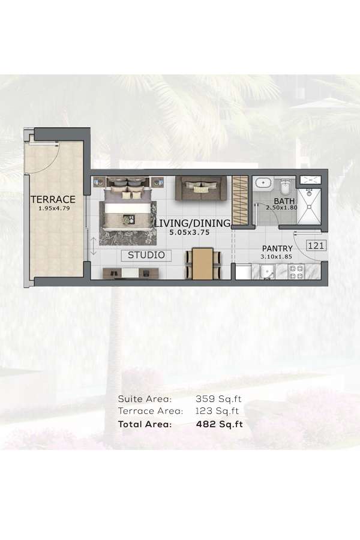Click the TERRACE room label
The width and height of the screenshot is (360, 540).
point(53,199)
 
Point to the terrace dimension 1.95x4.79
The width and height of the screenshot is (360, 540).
point(53,209)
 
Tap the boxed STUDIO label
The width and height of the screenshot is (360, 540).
point(146,255)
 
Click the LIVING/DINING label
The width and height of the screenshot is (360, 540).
point(192,224)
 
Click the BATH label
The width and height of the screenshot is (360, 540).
point(283,201)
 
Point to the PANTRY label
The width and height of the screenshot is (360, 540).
point(277,248)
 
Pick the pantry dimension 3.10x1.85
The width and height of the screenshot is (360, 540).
point(277,257)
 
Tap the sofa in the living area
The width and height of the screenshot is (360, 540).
point(201,188)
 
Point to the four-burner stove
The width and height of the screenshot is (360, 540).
point(296,272)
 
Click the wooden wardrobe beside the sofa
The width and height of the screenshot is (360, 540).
point(240,200)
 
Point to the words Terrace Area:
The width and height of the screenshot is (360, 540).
point(150,411)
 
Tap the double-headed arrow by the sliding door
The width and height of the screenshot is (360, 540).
point(94,246)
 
